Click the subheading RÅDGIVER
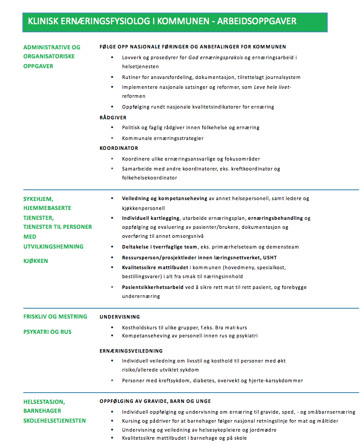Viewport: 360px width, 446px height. click(x=113, y=117)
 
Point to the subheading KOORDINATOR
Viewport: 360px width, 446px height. click(x=119, y=148)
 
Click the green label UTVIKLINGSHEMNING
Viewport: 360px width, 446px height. click(x=53, y=246)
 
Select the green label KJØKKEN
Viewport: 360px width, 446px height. click(x=36, y=261)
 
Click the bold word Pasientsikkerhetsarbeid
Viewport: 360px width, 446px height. click(x=153, y=287)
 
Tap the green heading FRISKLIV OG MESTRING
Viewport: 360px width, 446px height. click(x=55, y=317)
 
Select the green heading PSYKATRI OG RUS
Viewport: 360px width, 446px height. click(x=47, y=332)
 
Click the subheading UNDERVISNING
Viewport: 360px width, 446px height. click(x=120, y=317)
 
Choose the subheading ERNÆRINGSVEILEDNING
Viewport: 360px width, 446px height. click(x=131, y=350)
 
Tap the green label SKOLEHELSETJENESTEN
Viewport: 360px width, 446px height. click(x=54, y=420)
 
